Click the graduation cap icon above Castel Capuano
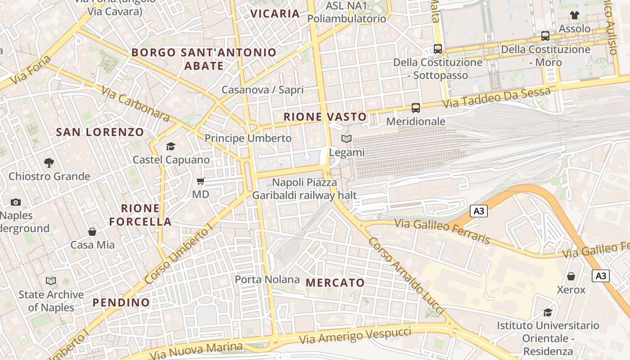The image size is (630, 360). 171,146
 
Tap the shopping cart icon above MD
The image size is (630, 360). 201,181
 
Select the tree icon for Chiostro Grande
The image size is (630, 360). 49,162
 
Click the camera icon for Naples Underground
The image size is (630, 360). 16,202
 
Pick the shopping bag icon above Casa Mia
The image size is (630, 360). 92,232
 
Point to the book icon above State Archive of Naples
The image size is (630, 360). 51,281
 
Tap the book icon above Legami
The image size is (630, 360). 346,139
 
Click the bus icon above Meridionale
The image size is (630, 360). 416,108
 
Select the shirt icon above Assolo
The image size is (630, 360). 574,15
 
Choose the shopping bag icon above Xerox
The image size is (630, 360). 571,276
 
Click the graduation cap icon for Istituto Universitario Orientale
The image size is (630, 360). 548,312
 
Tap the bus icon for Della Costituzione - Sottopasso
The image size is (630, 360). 438,49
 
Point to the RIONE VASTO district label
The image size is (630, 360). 325,117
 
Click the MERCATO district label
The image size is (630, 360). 335,283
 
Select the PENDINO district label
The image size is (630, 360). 121,302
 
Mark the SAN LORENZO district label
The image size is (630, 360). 100,132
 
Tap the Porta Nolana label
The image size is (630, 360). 267,279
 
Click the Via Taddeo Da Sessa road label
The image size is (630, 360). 496,98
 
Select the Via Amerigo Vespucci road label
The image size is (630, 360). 355,336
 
